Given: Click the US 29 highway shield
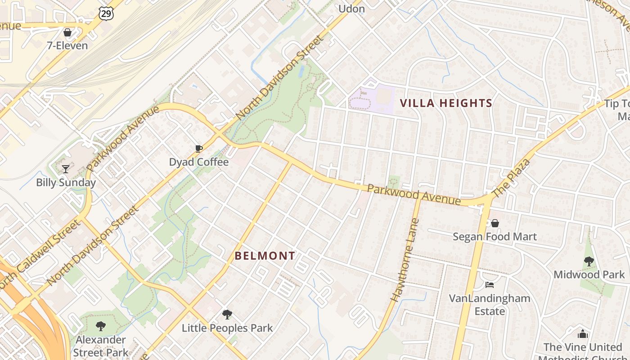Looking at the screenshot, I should (x=107, y=13).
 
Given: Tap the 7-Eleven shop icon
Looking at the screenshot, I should (x=67, y=32).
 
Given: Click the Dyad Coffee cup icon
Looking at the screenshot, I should (x=198, y=149).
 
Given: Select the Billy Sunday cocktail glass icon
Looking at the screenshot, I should (x=66, y=169).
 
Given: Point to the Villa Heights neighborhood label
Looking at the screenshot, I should (x=446, y=103).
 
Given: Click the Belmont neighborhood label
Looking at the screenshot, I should (x=265, y=256).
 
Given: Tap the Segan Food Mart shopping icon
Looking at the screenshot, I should (x=495, y=223).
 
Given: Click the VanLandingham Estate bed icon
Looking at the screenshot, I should (x=490, y=284).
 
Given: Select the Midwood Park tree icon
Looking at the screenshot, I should (x=589, y=261).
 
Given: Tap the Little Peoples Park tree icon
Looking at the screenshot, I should (x=227, y=315).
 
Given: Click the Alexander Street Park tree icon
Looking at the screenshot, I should (x=101, y=326).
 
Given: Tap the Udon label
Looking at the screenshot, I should (x=351, y=9).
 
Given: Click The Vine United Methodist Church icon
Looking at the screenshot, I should (x=583, y=334).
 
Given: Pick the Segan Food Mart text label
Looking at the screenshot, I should (x=495, y=237).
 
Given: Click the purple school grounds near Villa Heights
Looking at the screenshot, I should (x=372, y=98).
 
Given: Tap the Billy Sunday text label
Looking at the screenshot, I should (x=66, y=183).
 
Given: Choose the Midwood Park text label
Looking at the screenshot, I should (x=589, y=274).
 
